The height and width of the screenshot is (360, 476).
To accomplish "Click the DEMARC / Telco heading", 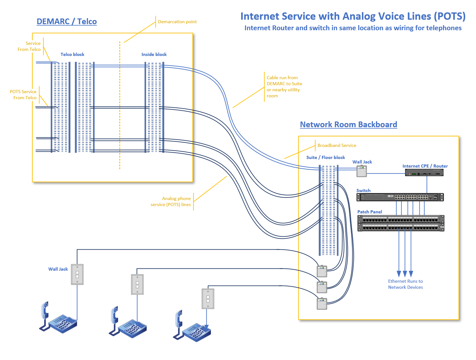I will tap(67, 22).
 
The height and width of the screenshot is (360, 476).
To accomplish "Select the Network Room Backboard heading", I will tap(348, 125).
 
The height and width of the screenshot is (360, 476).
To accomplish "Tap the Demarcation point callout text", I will tap(177, 22).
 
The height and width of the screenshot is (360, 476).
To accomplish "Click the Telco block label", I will tap(72, 55).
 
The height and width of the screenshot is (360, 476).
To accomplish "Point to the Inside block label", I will tap(154, 55).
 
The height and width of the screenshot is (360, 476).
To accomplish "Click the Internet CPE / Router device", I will tap(424, 173).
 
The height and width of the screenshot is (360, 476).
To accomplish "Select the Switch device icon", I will tap(400, 197).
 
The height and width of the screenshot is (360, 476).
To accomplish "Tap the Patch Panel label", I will tap(369, 212).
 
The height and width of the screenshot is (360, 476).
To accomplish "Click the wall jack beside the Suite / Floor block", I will tap(362, 172).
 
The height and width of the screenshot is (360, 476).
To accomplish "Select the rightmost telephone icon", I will tap(192, 327).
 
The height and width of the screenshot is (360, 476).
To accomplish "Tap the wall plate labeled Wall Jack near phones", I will tap(77, 274).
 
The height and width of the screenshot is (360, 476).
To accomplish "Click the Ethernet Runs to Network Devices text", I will tap(405, 284).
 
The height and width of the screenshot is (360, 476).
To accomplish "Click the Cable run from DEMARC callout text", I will tap(284, 87).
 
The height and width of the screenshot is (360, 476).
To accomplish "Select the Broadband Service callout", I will tap(337, 145).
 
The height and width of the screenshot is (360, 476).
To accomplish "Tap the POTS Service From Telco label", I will tap(24, 95).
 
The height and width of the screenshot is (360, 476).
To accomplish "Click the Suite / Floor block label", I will tap(326, 157).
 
